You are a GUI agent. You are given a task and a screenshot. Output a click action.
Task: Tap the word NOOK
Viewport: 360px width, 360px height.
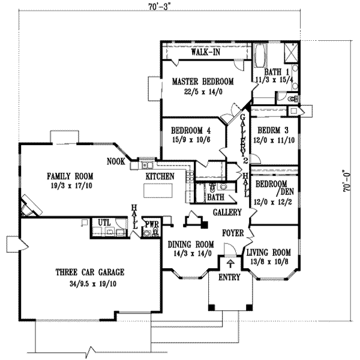(116, 161)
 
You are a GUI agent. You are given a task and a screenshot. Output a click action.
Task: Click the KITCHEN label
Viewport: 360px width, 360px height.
(160, 176)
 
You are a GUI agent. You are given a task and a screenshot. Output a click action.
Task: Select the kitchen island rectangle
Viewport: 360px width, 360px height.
(161, 191)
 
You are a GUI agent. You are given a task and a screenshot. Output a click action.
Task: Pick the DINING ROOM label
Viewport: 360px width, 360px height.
(190, 244)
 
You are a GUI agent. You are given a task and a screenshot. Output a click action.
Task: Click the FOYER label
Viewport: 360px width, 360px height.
(232, 232)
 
